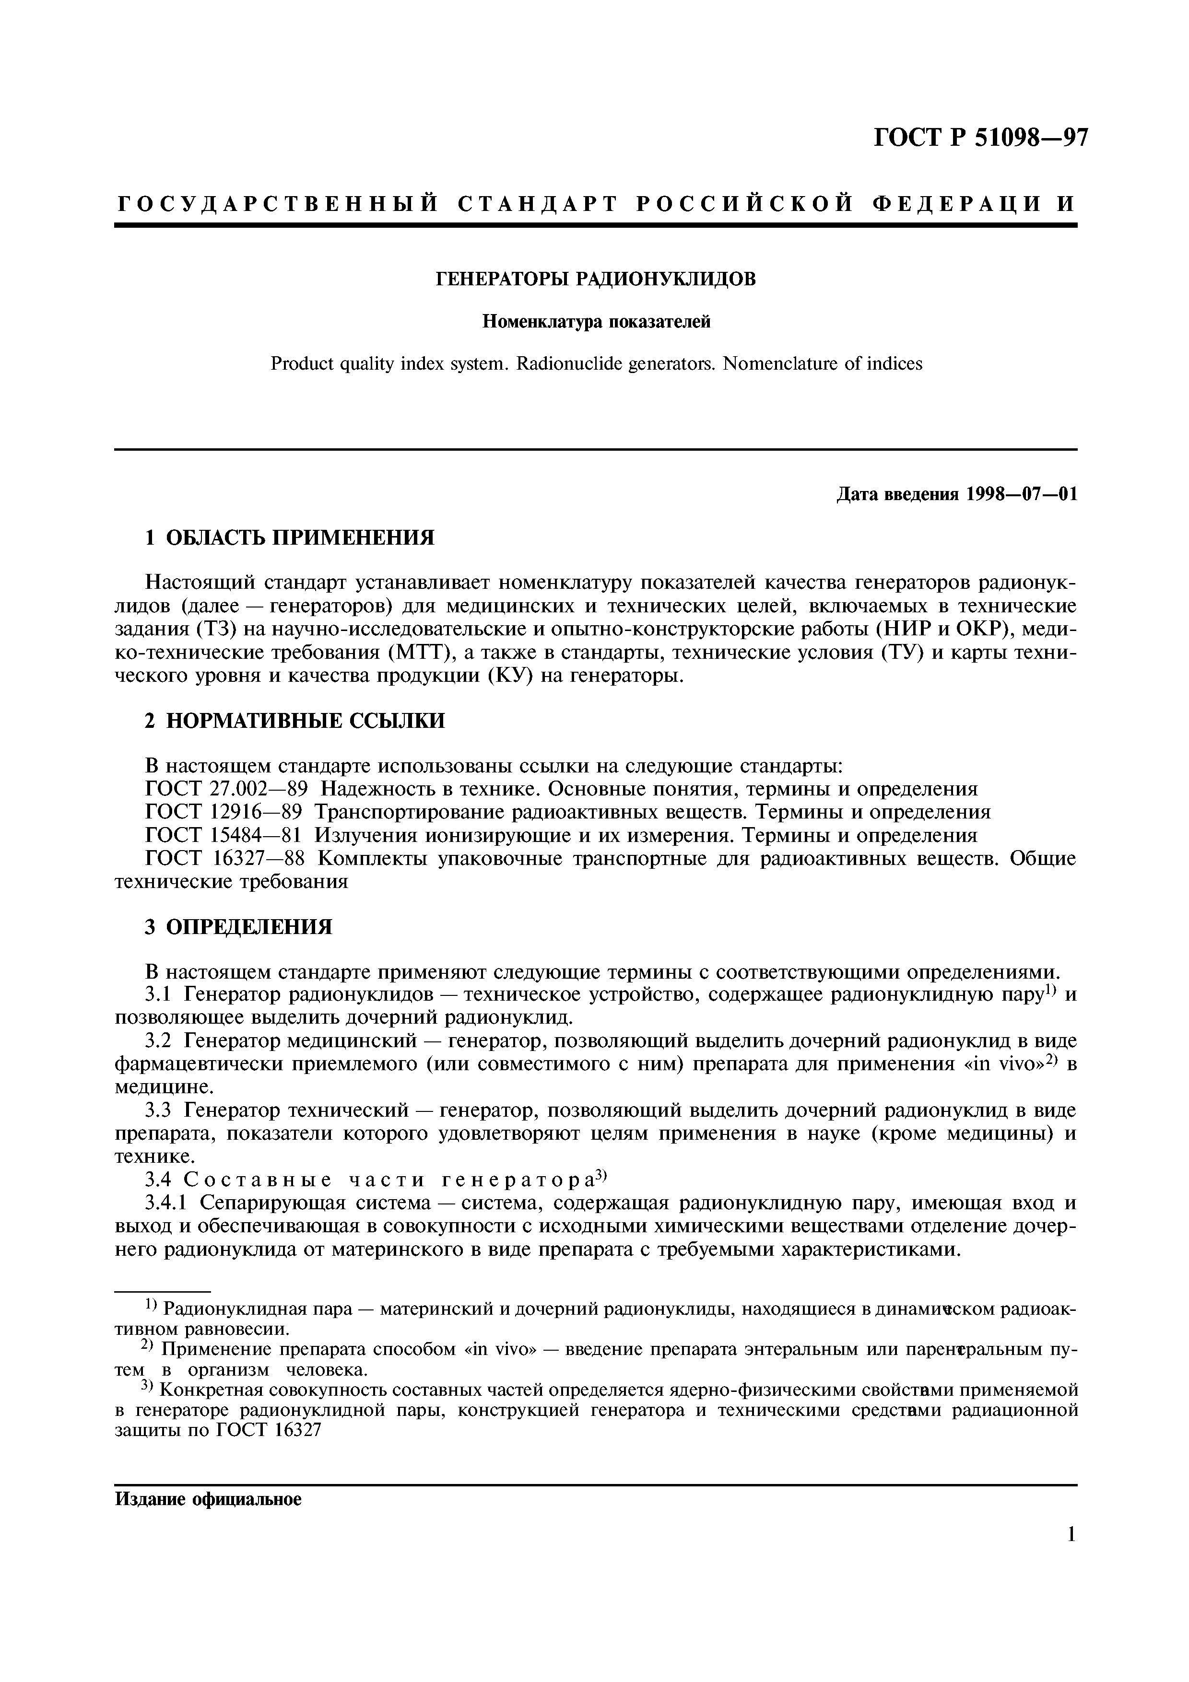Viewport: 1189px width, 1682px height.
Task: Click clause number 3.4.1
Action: (168, 1203)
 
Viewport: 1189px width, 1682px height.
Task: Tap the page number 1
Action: (1071, 1533)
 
